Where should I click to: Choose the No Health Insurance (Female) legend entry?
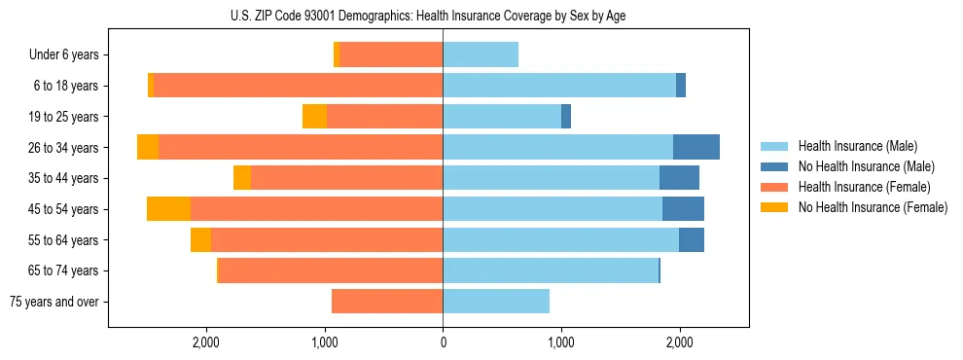coord(873,207)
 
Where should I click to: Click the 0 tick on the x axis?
coord(443,342)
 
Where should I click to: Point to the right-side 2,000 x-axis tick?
coord(679,342)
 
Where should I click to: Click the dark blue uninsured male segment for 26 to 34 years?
coord(696,147)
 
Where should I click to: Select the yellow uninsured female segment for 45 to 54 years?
coord(168,209)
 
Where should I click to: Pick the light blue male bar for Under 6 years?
coord(481,54)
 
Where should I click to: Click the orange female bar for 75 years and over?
coord(387,302)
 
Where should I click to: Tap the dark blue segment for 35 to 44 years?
coord(679,178)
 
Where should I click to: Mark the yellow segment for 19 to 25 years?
coord(314,117)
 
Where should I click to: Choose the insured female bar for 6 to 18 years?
coord(298,86)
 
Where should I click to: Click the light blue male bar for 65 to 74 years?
coord(551,270)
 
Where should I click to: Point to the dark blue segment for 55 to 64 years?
coord(692,239)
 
